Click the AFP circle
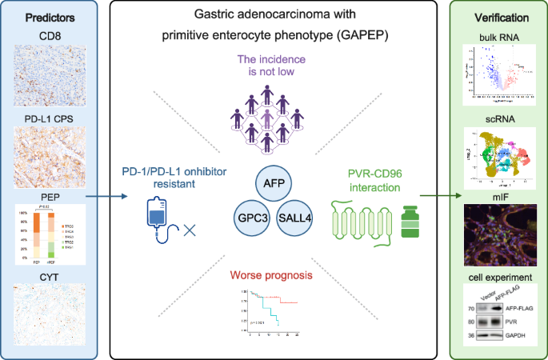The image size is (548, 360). click(x=274, y=184)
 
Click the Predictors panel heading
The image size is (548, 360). click(x=46, y=17)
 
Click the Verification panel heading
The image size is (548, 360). click(x=501, y=17)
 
